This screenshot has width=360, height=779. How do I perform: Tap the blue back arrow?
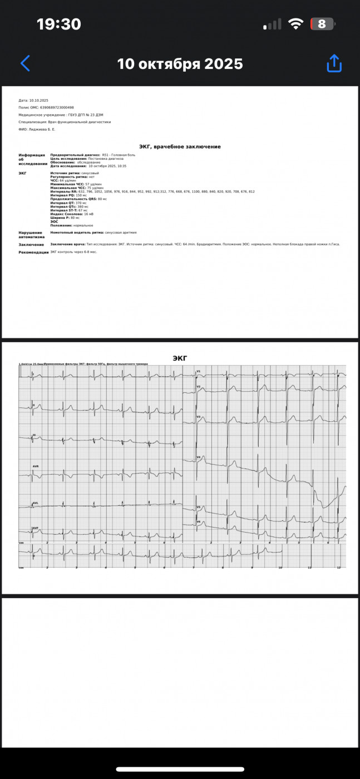pos(25,63)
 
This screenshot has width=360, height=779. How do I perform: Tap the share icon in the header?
pos(334,63)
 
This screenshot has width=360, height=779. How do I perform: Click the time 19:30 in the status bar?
pos(58,24)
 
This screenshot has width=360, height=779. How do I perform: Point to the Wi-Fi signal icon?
pos(297,24)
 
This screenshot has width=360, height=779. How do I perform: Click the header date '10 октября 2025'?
pos(180,64)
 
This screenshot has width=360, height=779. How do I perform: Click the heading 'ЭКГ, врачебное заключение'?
pos(179,146)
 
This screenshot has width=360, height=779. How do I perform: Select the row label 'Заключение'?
pos(31,244)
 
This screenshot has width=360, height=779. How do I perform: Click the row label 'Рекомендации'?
pos(34,252)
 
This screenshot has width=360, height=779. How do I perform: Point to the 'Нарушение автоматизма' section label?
pos(31,235)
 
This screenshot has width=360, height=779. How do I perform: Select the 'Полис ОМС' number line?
pos(46,107)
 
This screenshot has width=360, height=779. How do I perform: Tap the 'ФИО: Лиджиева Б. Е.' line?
pos(37,129)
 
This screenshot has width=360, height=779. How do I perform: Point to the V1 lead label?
pos(198,371)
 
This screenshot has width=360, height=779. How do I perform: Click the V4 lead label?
pos(198,457)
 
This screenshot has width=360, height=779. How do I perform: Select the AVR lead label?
pos(36,466)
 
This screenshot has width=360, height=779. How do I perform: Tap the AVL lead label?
pos(36,503)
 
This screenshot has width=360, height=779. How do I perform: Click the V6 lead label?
pos(198,522)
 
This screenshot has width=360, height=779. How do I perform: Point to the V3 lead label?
pos(198,417)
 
